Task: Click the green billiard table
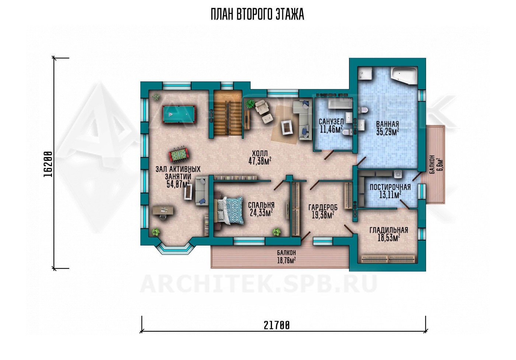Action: [x=179, y=114]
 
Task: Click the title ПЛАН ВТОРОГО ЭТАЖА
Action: [x=258, y=14]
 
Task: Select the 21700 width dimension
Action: [x=276, y=326]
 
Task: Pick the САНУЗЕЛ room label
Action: [x=331, y=121]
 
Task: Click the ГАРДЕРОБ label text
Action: [x=323, y=207]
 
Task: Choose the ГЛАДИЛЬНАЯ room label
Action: [x=389, y=230]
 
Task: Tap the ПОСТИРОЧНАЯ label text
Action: [x=390, y=187]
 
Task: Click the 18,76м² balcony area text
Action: [x=286, y=261]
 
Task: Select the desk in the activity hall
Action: [x=163, y=211]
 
